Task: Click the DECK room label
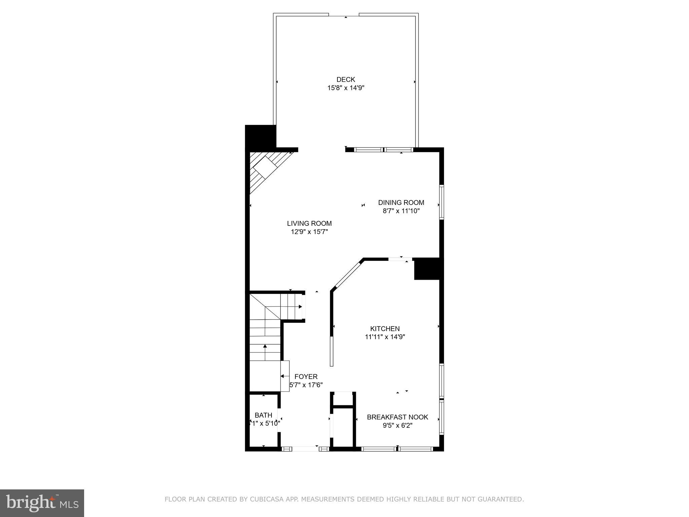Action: pyautogui.click(x=346, y=79)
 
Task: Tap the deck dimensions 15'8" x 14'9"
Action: pyautogui.click(x=346, y=88)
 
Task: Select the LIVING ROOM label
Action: pyautogui.click(x=309, y=223)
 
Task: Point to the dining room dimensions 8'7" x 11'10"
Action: pyautogui.click(x=401, y=211)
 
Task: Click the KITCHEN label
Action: pyautogui.click(x=385, y=329)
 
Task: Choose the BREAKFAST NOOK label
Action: pyautogui.click(x=397, y=417)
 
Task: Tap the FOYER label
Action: pyautogui.click(x=306, y=377)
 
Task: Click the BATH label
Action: pyautogui.click(x=263, y=415)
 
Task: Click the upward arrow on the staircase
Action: pyautogui.click(x=265, y=346)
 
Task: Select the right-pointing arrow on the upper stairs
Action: pyautogui.click(x=300, y=307)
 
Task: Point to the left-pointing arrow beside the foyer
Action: pyautogui.click(x=283, y=376)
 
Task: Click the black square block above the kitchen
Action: pyautogui.click(x=427, y=269)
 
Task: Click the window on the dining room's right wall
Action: pyautogui.click(x=442, y=202)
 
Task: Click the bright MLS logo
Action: pyautogui.click(x=42, y=503)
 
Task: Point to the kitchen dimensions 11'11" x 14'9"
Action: pyautogui.click(x=385, y=337)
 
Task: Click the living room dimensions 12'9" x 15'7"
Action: pyautogui.click(x=309, y=232)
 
